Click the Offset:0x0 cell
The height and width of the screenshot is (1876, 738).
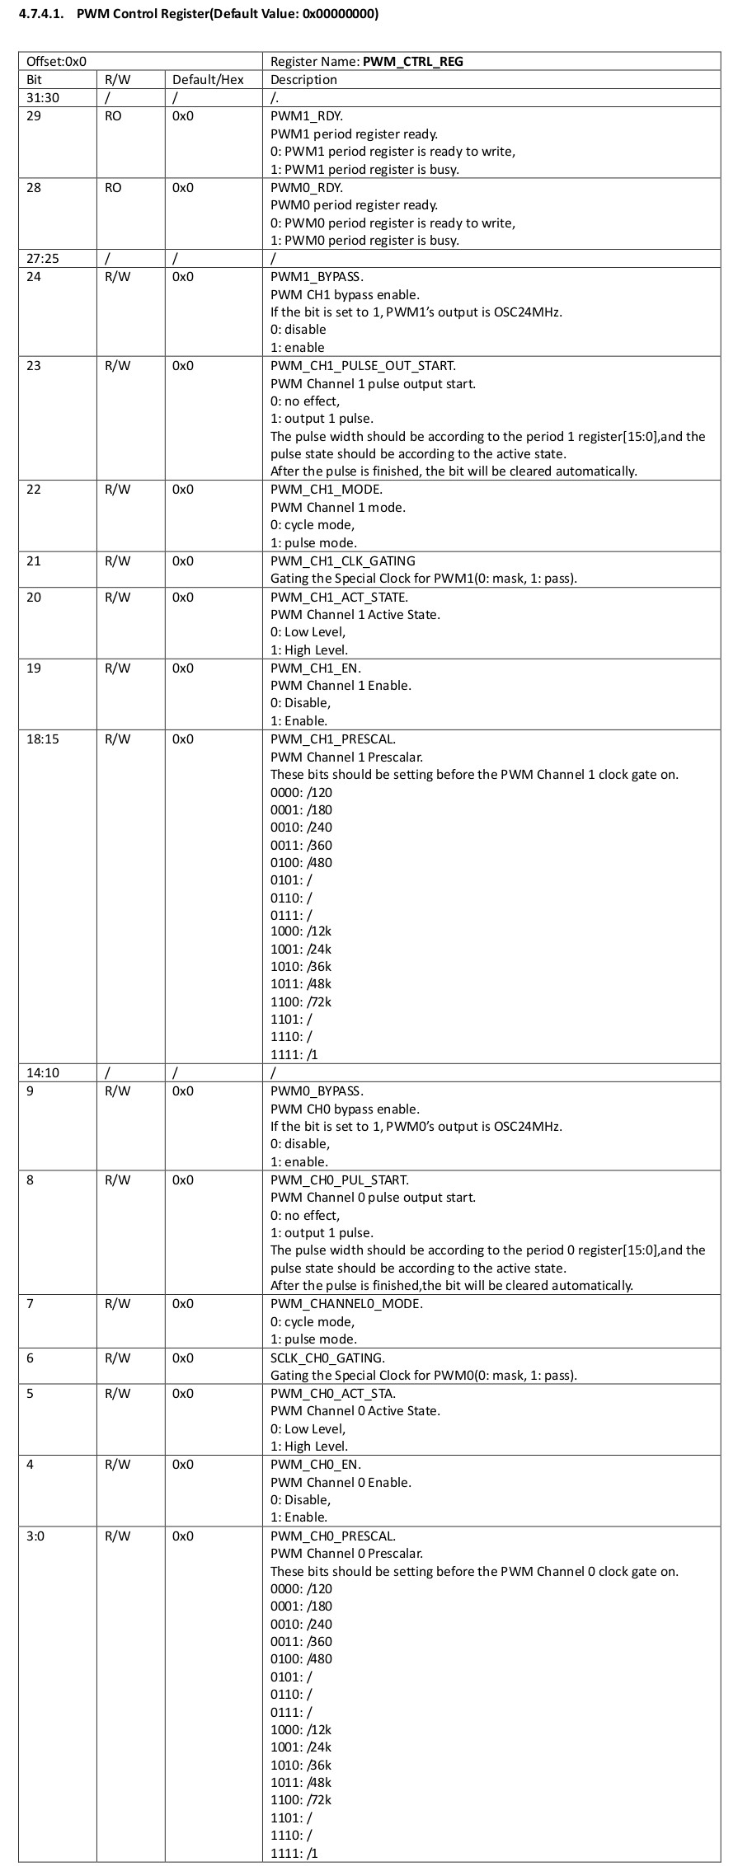click(x=57, y=62)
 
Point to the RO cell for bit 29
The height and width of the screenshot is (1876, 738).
click(x=113, y=116)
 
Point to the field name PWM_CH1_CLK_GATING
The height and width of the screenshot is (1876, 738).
click(x=342, y=561)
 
